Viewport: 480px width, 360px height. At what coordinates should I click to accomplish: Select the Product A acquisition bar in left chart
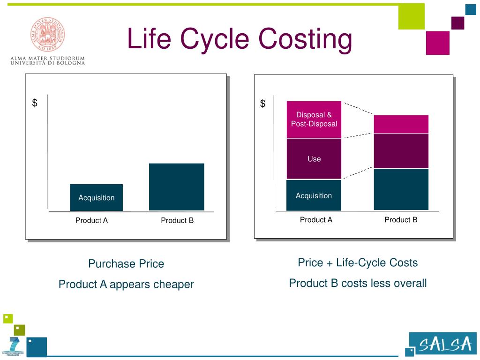[x=96, y=197]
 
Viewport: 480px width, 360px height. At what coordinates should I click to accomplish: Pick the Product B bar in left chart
[x=176, y=187]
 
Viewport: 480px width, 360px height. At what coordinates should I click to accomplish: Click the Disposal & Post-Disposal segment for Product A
[x=314, y=119]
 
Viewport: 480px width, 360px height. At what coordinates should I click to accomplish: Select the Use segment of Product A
[x=314, y=159]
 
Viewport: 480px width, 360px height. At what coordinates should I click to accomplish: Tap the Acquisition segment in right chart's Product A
[x=314, y=195]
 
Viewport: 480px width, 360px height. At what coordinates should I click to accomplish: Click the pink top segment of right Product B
[x=401, y=124]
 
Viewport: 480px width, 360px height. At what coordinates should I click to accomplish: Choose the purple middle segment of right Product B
[x=401, y=151]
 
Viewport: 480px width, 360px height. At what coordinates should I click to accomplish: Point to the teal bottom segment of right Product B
[x=401, y=189]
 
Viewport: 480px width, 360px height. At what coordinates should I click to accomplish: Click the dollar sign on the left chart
[x=35, y=103]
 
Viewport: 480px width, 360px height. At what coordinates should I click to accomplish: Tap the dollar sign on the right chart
[x=263, y=104]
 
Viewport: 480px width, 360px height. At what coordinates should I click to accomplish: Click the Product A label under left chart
[x=92, y=220]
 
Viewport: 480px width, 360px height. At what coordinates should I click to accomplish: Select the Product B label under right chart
[x=401, y=219]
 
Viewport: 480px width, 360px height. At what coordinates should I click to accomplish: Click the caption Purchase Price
[x=126, y=264]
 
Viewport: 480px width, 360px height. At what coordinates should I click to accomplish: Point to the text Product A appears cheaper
[x=126, y=284]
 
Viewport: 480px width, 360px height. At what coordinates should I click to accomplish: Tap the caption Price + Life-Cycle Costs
[x=358, y=262]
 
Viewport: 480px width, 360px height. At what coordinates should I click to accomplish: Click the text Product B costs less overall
[x=358, y=283]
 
